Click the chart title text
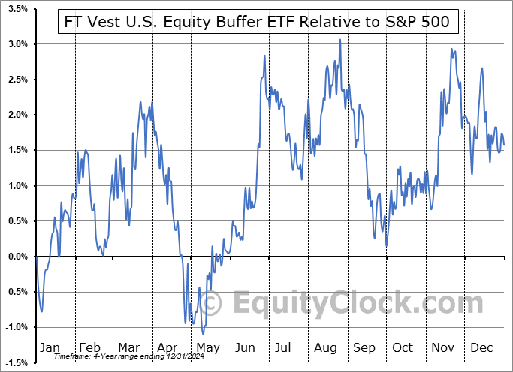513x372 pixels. click(x=257, y=22)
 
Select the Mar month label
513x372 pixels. click(x=129, y=348)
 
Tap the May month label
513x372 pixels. click(x=208, y=348)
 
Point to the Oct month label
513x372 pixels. click(x=403, y=348)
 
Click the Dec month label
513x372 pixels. click(x=481, y=348)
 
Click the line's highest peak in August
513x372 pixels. click(x=340, y=40)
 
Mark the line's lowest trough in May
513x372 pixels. click(x=203, y=334)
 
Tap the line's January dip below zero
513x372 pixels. click(x=42, y=310)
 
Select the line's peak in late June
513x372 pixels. click(x=265, y=56)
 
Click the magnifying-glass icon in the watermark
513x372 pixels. click(x=213, y=303)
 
